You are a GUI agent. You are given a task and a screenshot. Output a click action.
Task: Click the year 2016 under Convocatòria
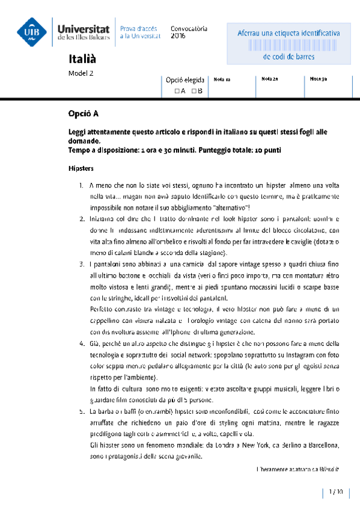178,36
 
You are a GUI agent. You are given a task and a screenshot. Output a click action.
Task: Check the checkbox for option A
177,91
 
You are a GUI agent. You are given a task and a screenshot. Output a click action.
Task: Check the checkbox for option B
194,91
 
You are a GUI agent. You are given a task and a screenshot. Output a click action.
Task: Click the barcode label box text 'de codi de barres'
288,57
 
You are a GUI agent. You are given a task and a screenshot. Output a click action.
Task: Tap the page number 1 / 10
335,492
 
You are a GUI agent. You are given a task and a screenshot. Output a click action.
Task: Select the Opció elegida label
186,79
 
